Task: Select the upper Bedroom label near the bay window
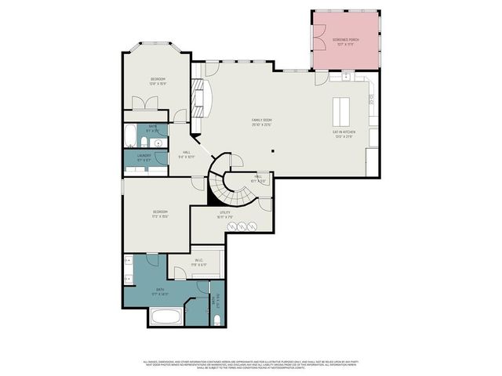pyautogui.click(x=158, y=81)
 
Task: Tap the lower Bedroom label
pyautogui.click(x=160, y=213)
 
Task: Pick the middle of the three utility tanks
pyautogui.click(x=242, y=226)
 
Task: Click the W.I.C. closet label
pyautogui.click(x=198, y=265)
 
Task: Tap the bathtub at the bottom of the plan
pyautogui.click(x=166, y=319)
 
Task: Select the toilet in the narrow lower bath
pyautogui.click(x=216, y=320)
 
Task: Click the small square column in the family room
pyautogui.click(x=272, y=151)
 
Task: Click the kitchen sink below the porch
pyautogui.click(x=346, y=76)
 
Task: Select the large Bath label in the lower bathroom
pyautogui.click(x=159, y=291)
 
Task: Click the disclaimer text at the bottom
pyautogui.click(x=251, y=365)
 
